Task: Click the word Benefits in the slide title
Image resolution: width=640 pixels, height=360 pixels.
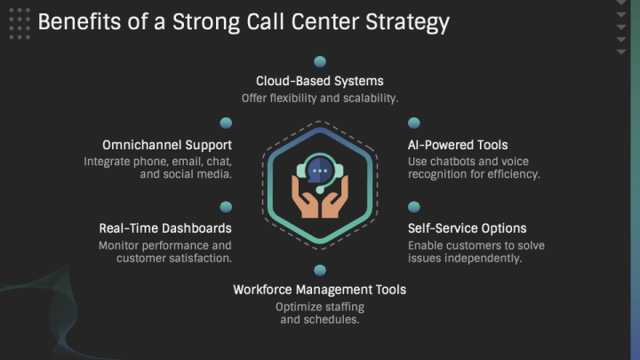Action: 79,21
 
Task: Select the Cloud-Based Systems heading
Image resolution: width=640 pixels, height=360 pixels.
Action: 320,81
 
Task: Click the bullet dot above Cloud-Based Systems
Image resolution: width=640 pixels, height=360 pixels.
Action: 320,61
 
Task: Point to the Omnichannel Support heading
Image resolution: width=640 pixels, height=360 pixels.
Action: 167,145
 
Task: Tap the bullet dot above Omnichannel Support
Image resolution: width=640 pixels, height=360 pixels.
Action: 226,123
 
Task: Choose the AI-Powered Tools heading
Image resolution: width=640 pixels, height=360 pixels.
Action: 458,145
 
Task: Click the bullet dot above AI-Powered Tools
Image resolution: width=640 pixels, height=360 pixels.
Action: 414,123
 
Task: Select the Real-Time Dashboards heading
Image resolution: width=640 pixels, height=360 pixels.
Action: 165,228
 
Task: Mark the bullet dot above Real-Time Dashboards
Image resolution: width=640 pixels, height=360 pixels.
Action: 226,207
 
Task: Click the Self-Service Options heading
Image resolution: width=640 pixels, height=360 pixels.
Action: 468,228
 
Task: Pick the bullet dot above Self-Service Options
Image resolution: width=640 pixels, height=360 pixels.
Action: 414,207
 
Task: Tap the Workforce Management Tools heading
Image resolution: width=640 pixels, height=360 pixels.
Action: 320,290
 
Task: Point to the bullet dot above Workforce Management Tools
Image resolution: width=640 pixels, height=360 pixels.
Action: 320,270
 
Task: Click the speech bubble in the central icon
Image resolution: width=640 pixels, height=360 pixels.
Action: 319,171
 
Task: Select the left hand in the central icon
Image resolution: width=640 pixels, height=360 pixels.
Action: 304,196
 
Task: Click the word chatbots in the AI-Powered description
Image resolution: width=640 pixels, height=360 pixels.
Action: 453,162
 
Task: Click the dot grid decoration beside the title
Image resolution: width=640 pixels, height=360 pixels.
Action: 20,24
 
